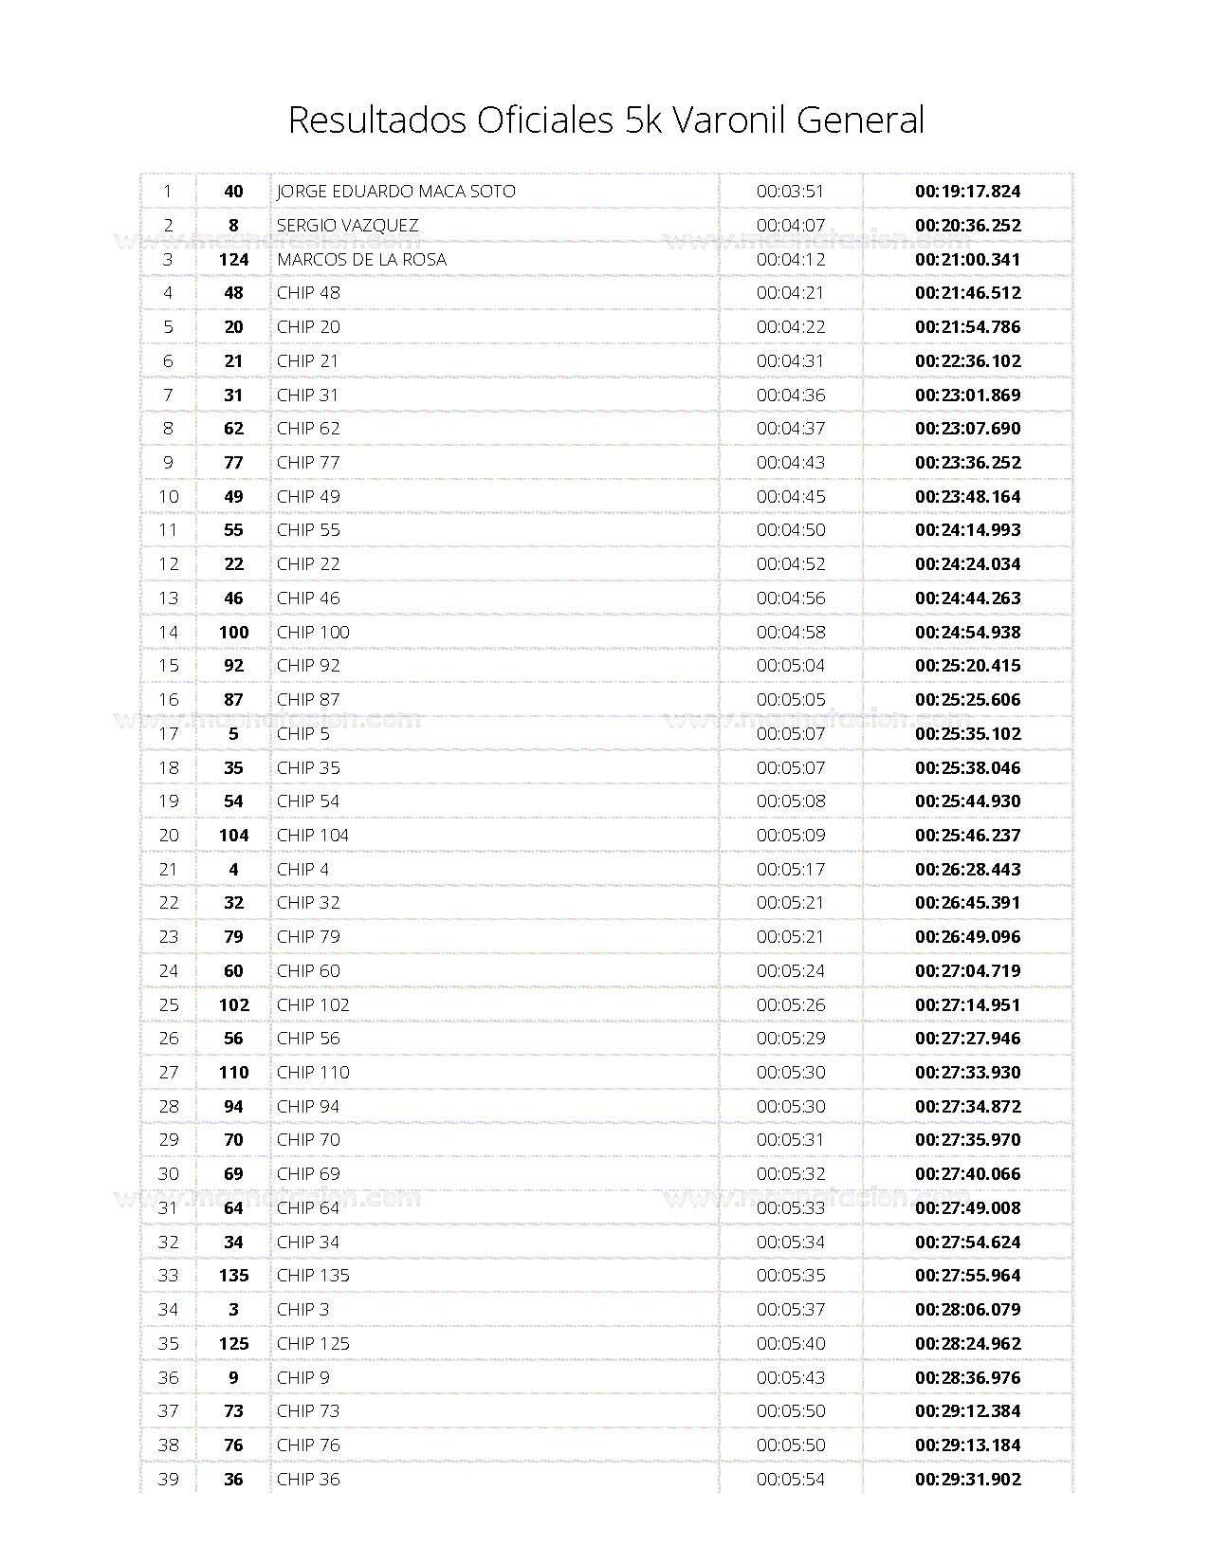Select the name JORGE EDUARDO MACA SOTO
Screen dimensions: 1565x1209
pyautogui.click(x=395, y=192)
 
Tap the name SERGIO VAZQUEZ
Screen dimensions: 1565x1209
pyautogui.click(x=347, y=226)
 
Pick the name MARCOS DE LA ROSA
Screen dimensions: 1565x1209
pyautogui.click(x=361, y=260)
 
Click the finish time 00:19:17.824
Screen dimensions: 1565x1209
pyautogui.click(x=967, y=192)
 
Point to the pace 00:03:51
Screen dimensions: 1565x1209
pyautogui.click(x=790, y=192)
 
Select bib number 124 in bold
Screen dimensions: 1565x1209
pyautogui.click(x=233, y=260)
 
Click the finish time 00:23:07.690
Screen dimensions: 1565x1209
pyautogui.click(x=967, y=429)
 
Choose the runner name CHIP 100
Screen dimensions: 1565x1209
pyautogui.click(x=313, y=633)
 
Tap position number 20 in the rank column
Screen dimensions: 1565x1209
pyautogui.click(x=169, y=836)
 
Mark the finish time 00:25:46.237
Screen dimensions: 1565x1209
pyautogui.click(x=967, y=836)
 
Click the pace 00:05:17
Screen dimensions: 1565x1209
pyautogui.click(x=790, y=870)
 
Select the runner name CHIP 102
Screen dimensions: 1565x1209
pyautogui.click(x=313, y=1005)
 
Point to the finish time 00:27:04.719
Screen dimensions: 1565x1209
pyautogui.click(x=967, y=971)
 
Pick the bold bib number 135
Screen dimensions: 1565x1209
pyautogui.click(x=233, y=1276)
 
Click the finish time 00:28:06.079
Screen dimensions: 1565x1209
pyautogui.click(x=967, y=1310)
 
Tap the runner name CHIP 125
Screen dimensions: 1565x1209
pyautogui.click(x=313, y=1344)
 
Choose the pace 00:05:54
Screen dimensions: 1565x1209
pyautogui.click(x=790, y=1480)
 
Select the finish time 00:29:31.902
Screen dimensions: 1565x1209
pyautogui.click(x=967, y=1480)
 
